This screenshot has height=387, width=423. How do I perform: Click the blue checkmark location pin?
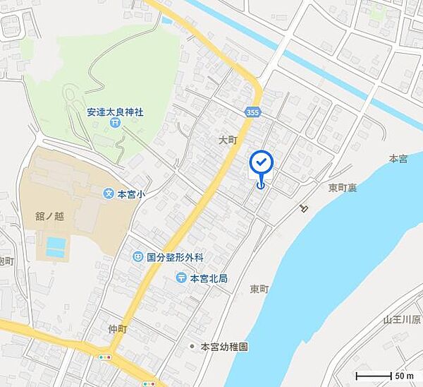(262, 164)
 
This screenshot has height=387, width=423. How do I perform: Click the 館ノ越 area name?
(49, 217)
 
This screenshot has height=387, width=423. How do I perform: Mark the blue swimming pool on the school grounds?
(56, 246)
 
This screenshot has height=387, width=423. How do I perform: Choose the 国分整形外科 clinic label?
(174, 258)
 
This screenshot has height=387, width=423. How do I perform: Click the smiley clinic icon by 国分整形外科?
(137, 258)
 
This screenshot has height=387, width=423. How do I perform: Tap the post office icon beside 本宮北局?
(181, 278)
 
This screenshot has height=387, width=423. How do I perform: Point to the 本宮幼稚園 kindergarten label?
(224, 347)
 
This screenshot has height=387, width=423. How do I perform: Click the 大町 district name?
(226, 141)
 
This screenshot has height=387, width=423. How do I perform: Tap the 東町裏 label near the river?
(341, 189)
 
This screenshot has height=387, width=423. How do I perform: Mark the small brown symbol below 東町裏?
(304, 208)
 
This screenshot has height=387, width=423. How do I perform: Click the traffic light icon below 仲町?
(105, 357)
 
